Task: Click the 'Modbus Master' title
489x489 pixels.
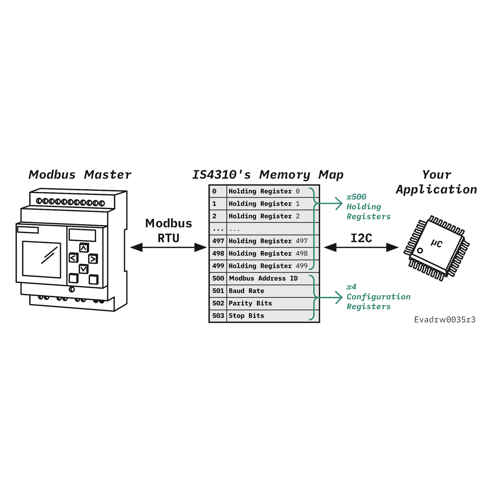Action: coord(80,175)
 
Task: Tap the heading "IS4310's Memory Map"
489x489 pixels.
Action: coord(268,175)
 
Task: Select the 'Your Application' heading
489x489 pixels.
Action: coord(437,182)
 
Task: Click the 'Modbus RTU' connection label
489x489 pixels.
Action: coord(169,231)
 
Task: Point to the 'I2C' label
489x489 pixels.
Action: coord(361,238)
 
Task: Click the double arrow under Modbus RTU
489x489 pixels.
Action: coord(168,247)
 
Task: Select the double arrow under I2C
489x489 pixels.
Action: coord(361,247)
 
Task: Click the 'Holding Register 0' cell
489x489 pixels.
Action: coord(264,191)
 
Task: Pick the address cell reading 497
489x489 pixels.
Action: coord(218,241)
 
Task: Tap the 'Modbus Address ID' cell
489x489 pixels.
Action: coord(263,278)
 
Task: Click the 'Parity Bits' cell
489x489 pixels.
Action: coord(250,303)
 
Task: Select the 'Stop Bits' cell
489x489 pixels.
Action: coord(246,316)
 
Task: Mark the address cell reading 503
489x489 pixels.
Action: coord(218,316)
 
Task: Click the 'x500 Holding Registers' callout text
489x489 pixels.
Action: coord(368,207)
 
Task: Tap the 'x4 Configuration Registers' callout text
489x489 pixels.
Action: coord(378,297)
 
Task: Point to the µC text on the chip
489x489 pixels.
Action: coord(437,243)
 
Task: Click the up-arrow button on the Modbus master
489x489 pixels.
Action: coord(84,248)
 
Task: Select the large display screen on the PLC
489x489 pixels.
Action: coord(42,260)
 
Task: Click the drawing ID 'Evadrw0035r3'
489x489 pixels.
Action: coord(445,320)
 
